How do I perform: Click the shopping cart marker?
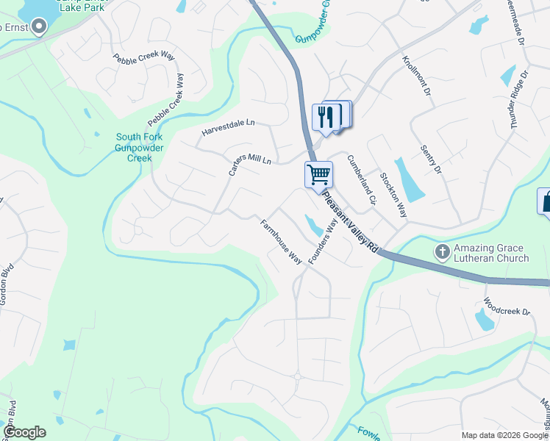[318, 176]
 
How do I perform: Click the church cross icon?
[442, 251]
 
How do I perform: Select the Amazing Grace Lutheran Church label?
[491, 254]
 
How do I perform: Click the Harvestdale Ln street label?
[228, 127]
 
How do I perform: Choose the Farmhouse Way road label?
[281, 241]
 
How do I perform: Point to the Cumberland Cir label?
[361, 179]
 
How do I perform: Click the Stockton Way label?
[393, 195]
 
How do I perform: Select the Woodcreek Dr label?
[507, 307]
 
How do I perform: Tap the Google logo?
[24, 432]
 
